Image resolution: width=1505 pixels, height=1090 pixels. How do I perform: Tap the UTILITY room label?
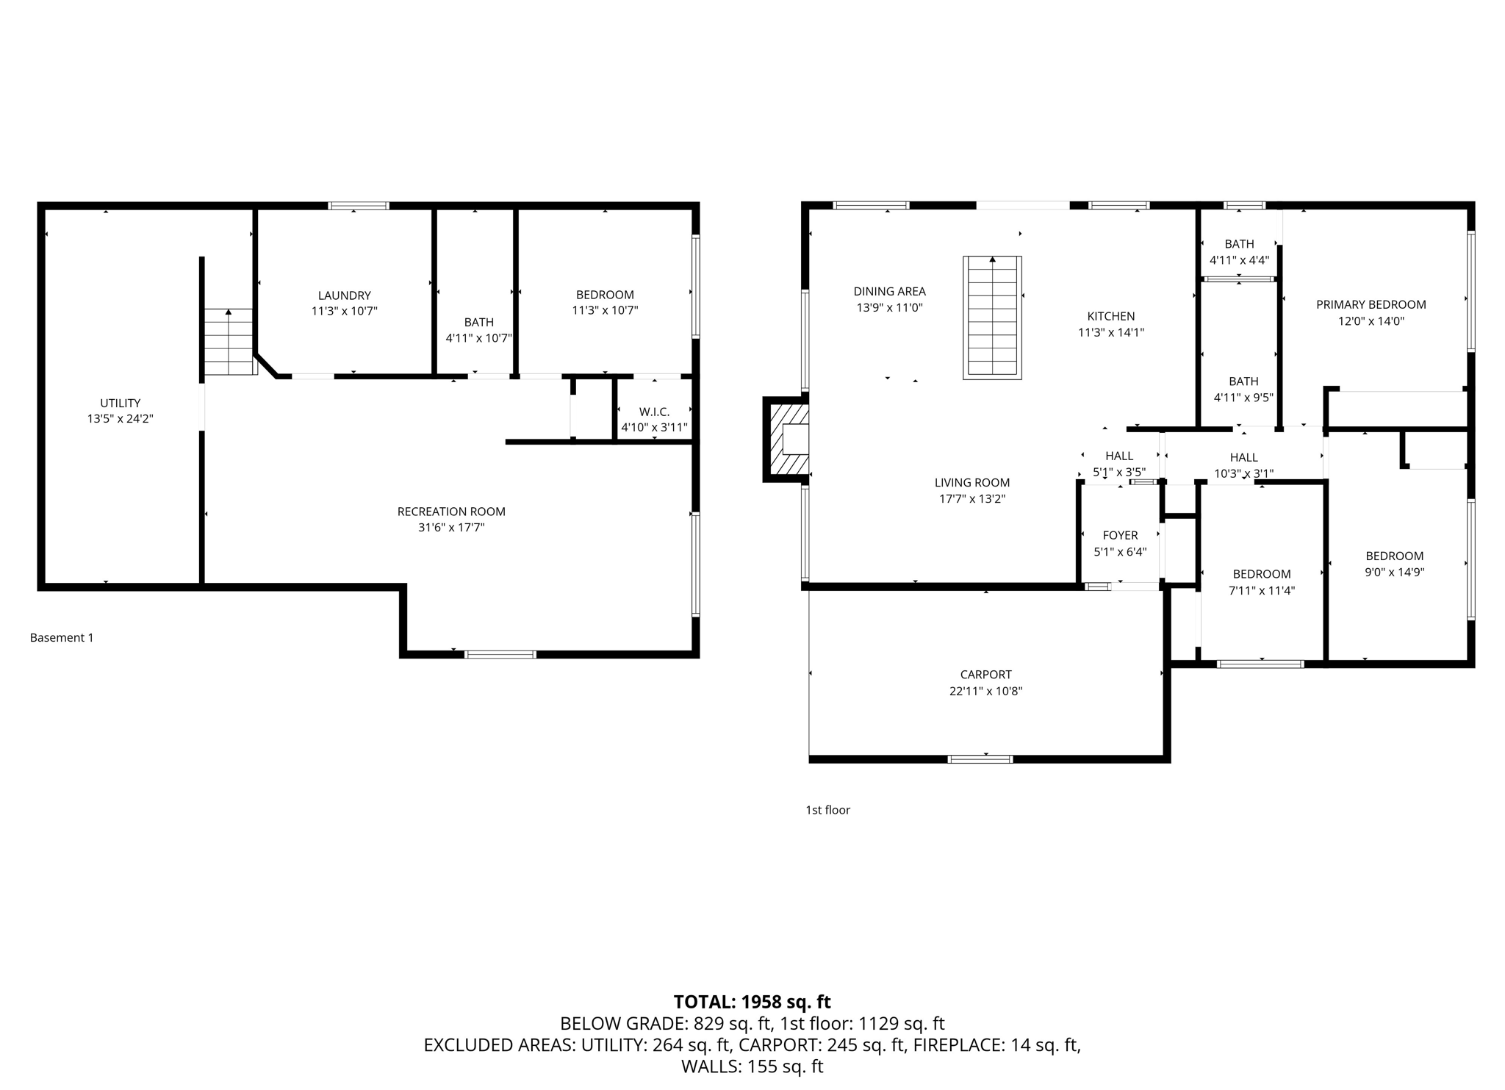tap(121, 403)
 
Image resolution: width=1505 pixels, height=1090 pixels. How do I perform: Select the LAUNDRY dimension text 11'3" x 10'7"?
tap(344, 311)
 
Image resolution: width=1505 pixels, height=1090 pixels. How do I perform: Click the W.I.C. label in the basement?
tap(654, 412)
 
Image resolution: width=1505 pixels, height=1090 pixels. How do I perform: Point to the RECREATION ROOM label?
tap(451, 512)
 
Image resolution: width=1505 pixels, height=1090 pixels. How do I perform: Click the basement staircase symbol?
tap(229, 342)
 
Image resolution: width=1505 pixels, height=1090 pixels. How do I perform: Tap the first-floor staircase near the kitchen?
tap(992, 318)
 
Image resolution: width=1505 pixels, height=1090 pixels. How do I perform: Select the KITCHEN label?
tap(1110, 316)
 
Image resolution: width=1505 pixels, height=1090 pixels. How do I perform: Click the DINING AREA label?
tap(889, 291)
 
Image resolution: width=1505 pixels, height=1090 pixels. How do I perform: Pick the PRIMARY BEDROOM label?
tap(1371, 304)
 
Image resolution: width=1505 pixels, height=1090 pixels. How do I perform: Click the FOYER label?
tap(1120, 535)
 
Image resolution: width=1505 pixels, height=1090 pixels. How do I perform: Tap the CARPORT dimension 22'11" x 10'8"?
tap(985, 691)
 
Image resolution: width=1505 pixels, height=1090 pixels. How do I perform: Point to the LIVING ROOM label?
tap(971, 482)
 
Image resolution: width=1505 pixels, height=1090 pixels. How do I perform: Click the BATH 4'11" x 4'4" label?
tap(1239, 244)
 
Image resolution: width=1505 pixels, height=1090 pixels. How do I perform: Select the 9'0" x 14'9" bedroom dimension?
tap(1394, 572)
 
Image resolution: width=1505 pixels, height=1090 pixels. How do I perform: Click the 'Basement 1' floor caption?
tap(62, 637)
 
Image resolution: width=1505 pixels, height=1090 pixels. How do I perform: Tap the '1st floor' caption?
tap(827, 809)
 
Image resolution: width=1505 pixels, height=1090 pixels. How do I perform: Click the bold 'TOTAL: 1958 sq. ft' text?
tap(752, 1002)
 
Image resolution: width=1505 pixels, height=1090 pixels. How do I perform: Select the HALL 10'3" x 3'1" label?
tap(1243, 457)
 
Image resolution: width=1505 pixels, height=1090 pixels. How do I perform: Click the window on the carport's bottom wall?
tap(980, 759)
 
